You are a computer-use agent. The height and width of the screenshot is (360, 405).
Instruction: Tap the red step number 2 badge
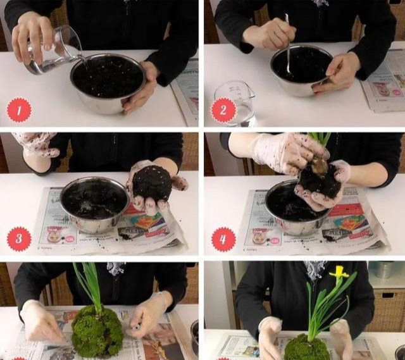tap(223, 111)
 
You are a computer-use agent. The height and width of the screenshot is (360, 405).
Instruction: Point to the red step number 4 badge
tap(223, 239)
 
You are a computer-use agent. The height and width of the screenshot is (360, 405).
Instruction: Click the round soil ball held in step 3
tap(152, 183)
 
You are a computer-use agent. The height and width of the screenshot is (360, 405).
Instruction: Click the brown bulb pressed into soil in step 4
tap(320, 167)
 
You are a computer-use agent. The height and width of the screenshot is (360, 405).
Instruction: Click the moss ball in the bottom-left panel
tap(97, 332)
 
